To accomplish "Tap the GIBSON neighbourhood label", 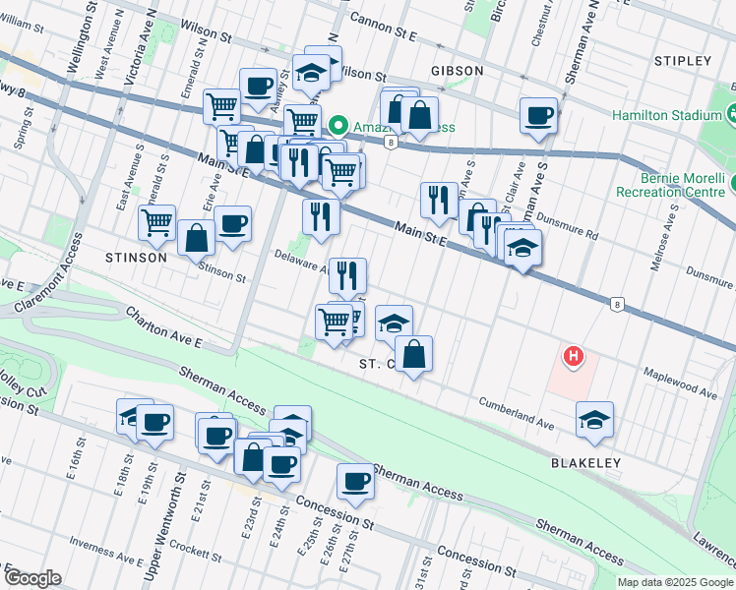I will point(457,71).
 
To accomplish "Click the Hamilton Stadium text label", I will point(667,115).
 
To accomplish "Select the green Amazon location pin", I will point(338,125).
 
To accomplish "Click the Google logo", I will point(32,577).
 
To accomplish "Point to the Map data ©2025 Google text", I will point(674,582).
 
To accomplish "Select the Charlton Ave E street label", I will point(162,328).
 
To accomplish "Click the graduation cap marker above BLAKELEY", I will point(595,420).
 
